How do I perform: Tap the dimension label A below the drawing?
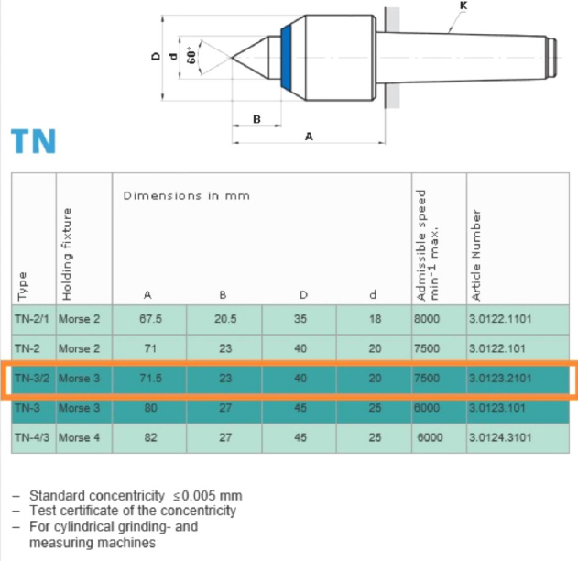pos(309,137)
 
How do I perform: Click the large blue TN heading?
pos(34,142)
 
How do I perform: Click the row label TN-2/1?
pos(33,320)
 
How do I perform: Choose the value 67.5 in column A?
pos(148,320)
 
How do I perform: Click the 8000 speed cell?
pos(426,320)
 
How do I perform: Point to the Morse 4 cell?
pos(79,437)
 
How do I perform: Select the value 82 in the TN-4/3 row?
pos(148,437)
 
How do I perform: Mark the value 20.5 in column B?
pos(224,320)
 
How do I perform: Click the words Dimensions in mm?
pos(186,195)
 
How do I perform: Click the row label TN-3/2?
pos(33,379)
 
